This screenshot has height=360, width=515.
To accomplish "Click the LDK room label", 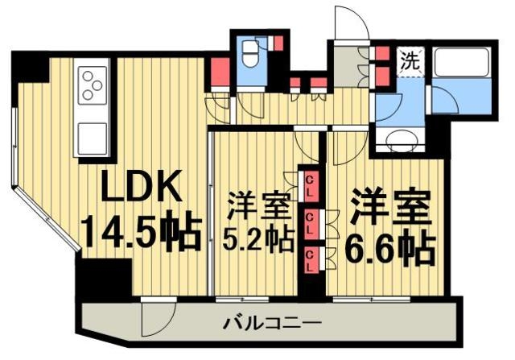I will click(137, 190).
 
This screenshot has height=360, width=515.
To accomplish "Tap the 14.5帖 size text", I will click(142, 233).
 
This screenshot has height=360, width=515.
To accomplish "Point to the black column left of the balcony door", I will click(104, 279).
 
